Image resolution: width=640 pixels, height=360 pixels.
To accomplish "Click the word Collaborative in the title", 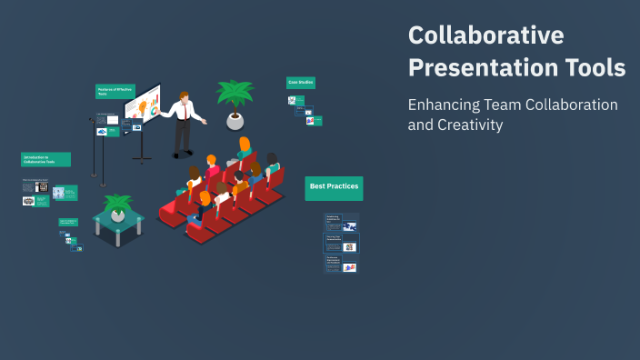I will coord(486,35).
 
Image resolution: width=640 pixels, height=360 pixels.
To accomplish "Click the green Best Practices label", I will coord(334,186).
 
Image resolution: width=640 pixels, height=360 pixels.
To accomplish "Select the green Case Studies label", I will coord(301,82).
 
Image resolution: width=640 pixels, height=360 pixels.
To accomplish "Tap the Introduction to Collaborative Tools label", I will coord(45,159).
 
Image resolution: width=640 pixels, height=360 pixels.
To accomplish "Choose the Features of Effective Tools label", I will coord(115,91).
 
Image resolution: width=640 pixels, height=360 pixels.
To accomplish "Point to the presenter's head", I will coord(185,97).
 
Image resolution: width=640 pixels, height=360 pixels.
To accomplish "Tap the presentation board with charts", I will coord(144,105).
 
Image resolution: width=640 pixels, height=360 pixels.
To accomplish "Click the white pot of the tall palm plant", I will coord(235,120).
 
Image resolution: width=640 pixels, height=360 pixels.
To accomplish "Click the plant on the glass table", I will coord(117,204).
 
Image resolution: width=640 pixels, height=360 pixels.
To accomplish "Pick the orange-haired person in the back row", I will coord(244,145).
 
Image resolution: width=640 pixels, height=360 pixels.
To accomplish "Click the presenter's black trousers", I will coord(183,136).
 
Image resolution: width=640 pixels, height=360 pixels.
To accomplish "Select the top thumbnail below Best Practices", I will coord(342,221).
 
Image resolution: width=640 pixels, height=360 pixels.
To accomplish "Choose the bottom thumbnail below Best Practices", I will coord(342,264).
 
